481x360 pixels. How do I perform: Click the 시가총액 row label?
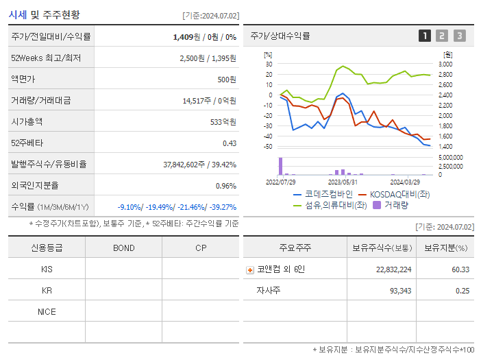click(x=27, y=121)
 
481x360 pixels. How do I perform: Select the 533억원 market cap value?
click(x=223, y=121)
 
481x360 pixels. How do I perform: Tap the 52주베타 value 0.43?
click(x=229, y=143)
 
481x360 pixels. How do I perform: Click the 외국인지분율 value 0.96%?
click(x=225, y=185)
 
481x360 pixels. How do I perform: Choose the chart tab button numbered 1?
click(x=425, y=36)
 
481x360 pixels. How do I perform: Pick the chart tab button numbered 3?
click(x=459, y=36)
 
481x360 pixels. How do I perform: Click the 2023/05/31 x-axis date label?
click(x=343, y=182)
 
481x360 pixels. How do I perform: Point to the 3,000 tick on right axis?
click(x=445, y=64)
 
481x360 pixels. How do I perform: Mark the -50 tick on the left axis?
click(x=269, y=147)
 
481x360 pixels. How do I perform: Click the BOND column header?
click(x=123, y=248)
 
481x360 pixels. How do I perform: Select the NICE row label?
click(x=47, y=312)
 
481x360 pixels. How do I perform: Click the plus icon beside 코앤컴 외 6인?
click(x=250, y=269)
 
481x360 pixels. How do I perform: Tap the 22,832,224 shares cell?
click(x=394, y=269)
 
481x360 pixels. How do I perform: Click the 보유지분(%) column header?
click(x=445, y=248)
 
